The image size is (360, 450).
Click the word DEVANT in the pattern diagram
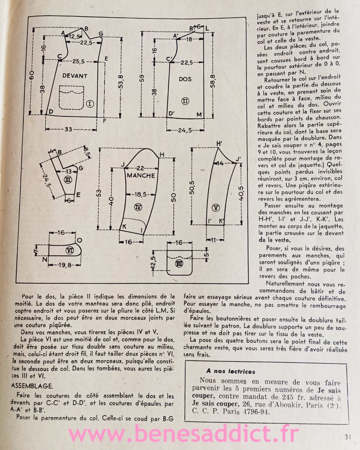click(x=75, y=76)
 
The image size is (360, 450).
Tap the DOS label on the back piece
click(x=185, y=79)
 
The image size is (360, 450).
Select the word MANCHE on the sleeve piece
click(x=141, y=175)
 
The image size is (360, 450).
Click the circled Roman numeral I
click(x=90, y=104)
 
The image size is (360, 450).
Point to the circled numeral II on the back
click(x=185, y=101)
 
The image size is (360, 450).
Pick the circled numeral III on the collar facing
click(x=68, y=180)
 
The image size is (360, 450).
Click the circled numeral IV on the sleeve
click(x=138, y=207)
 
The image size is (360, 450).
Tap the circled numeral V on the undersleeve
click(x=216, y=207)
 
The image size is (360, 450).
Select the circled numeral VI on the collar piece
click(x=70, y=250)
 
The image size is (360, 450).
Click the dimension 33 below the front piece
click(x=68, y=130)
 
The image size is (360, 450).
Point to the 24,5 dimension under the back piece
click(x=185, y=130)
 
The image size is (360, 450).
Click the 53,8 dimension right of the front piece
click(x=121, y=82)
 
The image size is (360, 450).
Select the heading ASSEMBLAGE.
click(x=32, y=386)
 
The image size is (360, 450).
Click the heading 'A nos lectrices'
click(x=230, y=371)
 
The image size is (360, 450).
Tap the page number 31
click(x=348, y=437)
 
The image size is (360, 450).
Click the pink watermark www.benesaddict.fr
click(x=184, y=434)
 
